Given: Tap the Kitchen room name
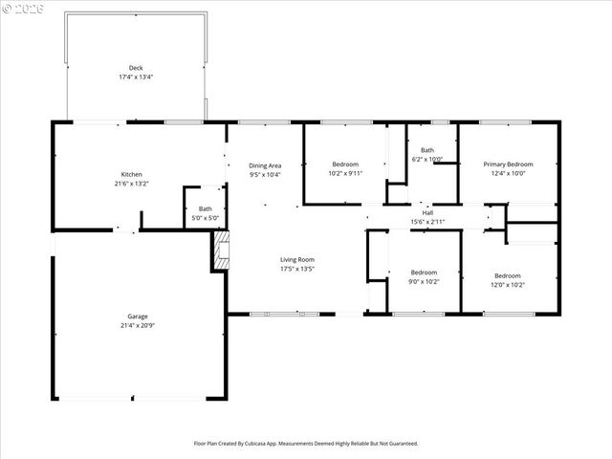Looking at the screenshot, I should tap(131, 174).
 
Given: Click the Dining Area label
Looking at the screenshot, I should tap(265, 165).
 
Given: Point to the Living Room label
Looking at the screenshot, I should tap(296, 259).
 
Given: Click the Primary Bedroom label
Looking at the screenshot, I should tap(508, 164).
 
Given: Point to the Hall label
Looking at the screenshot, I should tap(427, 212).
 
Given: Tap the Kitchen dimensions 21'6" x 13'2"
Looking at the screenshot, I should tap(131, 184).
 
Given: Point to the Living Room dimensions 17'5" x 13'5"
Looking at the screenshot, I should tap(296, 269).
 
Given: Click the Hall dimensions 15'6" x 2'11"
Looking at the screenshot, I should tap(427, 222).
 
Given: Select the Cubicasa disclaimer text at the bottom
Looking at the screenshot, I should tap(306, 444).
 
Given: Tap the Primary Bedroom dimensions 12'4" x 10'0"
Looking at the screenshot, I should tap(508, 174).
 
